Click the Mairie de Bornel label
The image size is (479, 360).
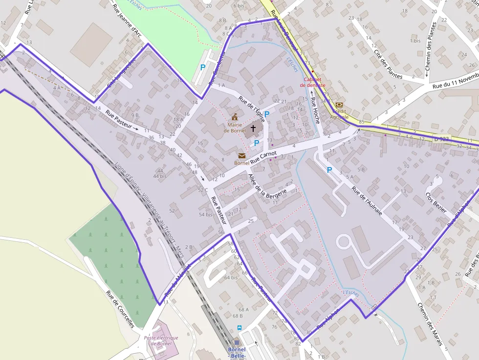point(235,127)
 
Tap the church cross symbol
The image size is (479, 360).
point(253,128)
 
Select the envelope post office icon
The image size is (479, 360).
point(242,156)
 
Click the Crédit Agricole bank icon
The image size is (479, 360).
point(339,105)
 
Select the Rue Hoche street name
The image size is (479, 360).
point(315,110)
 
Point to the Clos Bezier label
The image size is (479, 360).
point(436,202)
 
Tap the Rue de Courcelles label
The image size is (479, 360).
point(120,309)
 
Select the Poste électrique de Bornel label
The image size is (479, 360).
point(161,340)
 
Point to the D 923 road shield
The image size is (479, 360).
point(442,139)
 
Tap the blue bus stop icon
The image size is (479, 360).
point(239,328)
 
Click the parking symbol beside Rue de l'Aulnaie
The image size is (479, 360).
point(329,170)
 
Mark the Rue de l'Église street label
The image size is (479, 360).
point(252,109)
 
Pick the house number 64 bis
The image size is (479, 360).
point(231,277)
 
